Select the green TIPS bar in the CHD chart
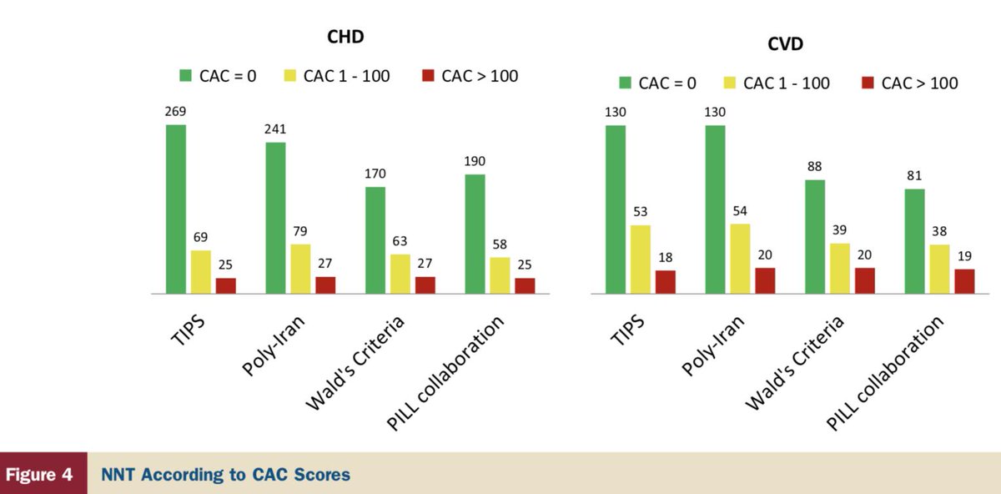point(176,209)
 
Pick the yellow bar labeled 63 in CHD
point(400,274)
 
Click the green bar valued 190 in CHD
point(475,234)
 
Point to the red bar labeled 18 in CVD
point(665,282)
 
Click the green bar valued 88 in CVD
point(814,237)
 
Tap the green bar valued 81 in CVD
point(914,241)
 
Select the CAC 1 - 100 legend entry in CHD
point(337,76)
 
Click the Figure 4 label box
point(43,475)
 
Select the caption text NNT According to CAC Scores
point(225,475)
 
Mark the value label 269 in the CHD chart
point(176,112)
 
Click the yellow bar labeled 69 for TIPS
point(201,272)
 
